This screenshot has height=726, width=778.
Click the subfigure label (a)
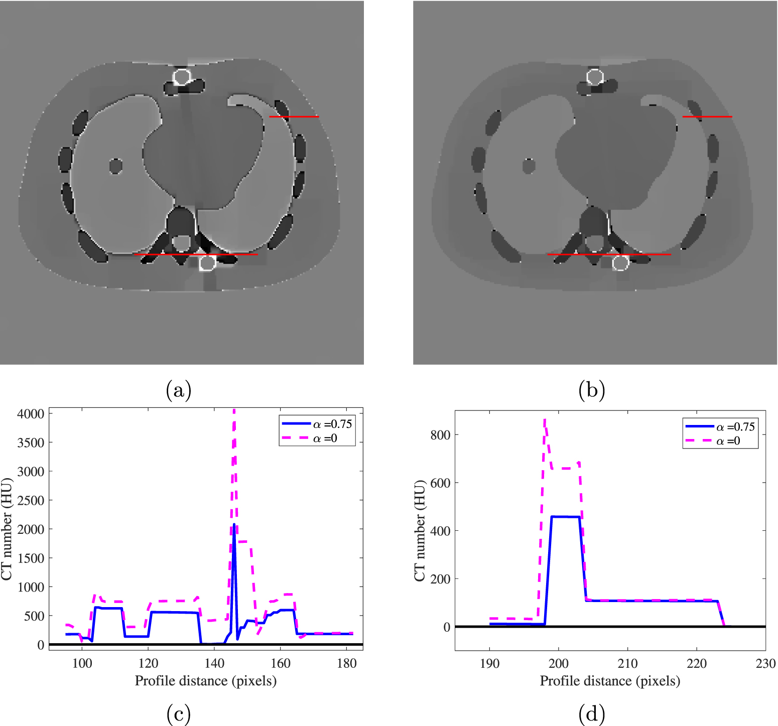178,390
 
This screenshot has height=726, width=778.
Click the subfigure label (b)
591,390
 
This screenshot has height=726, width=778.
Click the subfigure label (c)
178,713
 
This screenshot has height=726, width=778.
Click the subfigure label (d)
591,713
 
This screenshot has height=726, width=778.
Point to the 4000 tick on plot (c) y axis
31,414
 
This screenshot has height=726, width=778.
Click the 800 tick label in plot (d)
440,435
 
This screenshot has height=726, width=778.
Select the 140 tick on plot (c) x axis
214,663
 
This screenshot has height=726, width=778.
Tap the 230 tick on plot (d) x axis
765,664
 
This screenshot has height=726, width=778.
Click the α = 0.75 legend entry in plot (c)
318,424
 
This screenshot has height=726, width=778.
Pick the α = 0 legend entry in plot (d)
721,441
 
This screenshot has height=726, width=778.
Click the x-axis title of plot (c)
206,681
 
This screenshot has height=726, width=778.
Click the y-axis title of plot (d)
420,530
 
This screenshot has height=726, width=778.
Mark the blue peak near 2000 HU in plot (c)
234,525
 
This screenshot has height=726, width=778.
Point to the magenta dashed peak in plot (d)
545,420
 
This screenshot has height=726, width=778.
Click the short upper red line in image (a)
294,117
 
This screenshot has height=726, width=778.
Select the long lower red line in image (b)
609,254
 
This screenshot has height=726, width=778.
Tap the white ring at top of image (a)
182,77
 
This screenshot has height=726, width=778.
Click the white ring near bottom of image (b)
620,262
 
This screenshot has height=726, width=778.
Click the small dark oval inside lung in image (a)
116,166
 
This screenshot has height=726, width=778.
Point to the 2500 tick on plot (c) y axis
31,500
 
